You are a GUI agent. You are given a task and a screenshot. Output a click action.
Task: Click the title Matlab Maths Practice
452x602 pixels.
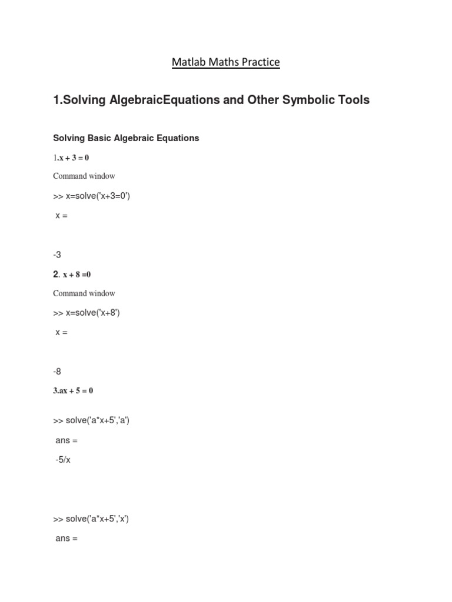pyautogui.click(x=226, y=62)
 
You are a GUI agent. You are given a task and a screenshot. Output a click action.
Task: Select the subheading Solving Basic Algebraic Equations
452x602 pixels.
pyautogui.click(x=126, y=138)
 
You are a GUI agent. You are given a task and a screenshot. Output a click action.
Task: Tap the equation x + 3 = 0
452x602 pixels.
pyautogui.click(x=74, y=158)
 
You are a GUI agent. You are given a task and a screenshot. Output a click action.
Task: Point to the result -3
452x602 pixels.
pyautogui.click(x=57, y=255)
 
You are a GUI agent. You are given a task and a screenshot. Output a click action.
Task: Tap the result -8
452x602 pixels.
pyautogui.click(x=57, y=372)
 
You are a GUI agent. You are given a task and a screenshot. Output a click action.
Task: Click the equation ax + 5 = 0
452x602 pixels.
pyautogui.click(x=73, y=391)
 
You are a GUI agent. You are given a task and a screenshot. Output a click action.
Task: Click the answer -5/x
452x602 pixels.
pyautogui.click(x=63, y=460)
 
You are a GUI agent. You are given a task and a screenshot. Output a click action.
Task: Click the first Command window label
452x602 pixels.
pyautogui.click(x=84, y=176)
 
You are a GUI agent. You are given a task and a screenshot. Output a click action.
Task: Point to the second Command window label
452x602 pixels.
pyautogui.click(x=84, y=293)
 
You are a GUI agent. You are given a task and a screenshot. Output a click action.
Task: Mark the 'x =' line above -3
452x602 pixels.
pyautogui.click(x=62, y=216)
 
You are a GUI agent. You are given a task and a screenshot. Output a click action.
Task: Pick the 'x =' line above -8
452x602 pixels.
pyautogui.click(x=62, y=333)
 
